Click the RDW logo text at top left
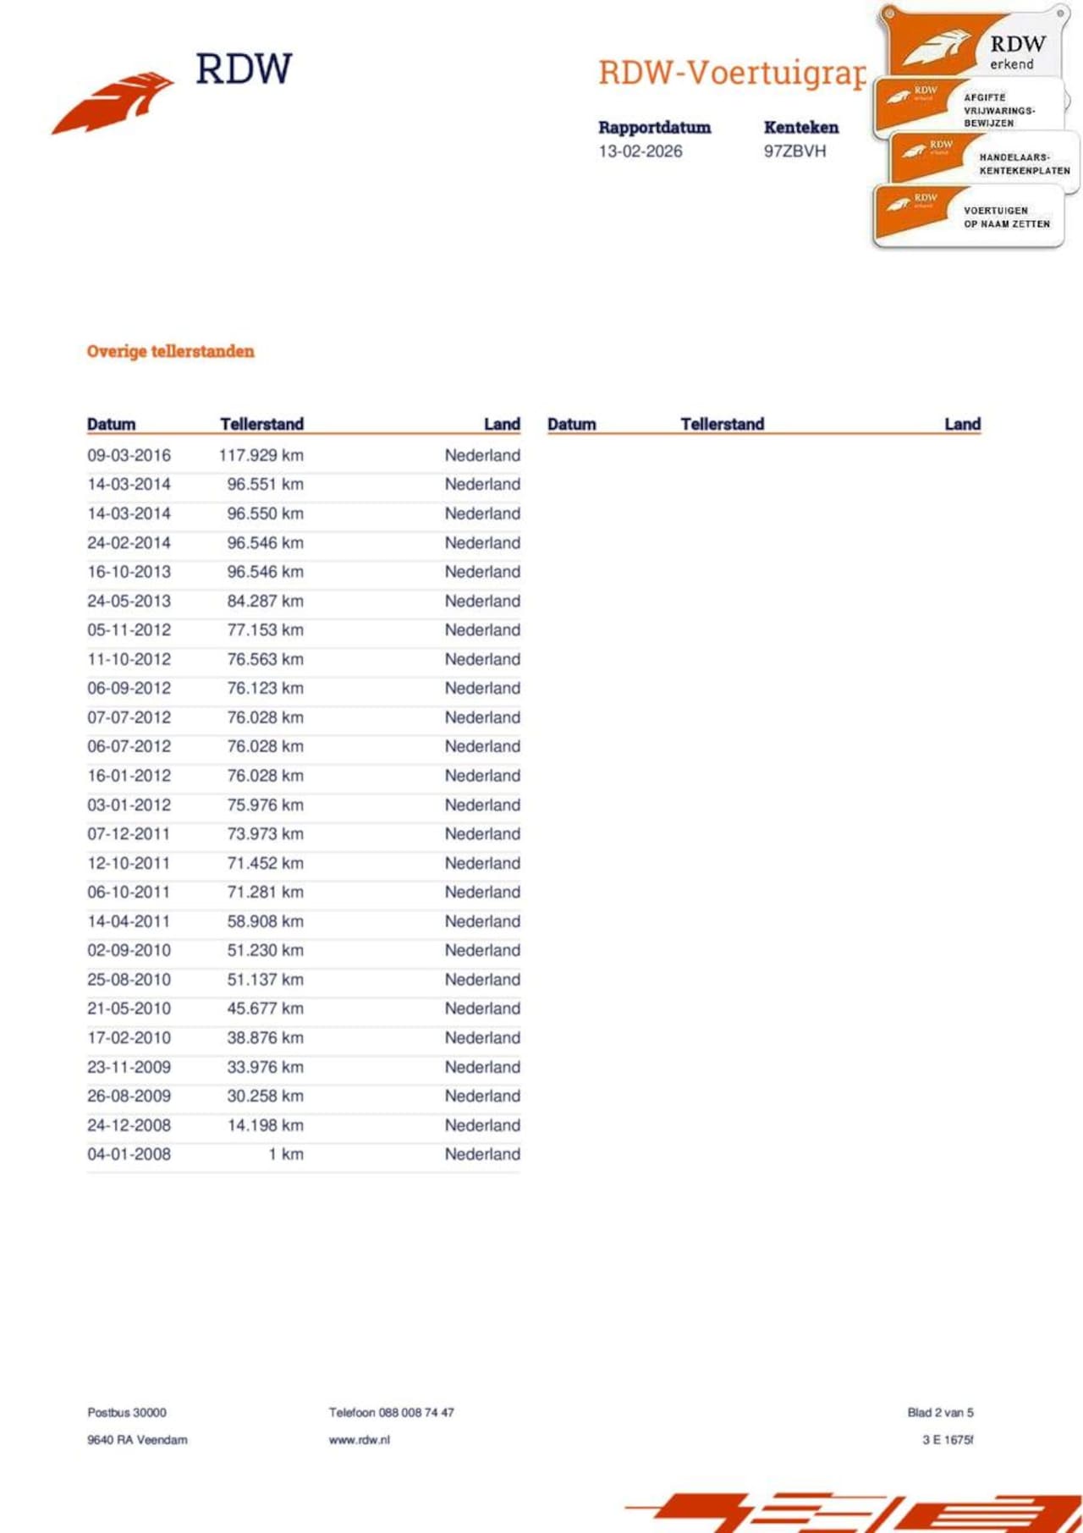(x=244, y=69)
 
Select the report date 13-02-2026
(x=640, y=151)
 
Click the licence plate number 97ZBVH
(x=794, y=151)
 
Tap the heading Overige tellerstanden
(x=170, y=351)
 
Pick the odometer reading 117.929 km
(x=261, y=455)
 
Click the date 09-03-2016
(x=129, y=455)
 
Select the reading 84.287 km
(x=265, y=601)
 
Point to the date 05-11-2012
(x=129, y=630)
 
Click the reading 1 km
(x=286, y=1154)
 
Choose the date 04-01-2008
(x=129, y=1154)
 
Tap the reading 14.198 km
(x=265, y=1125)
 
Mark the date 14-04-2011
(x=129, y=921)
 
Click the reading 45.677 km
(x=265, y=1008)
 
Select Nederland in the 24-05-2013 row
(x=482, y=601)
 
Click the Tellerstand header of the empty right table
(x=722, y=424)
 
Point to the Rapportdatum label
(x=654, y=128)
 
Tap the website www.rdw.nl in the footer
(x=359, y=1439)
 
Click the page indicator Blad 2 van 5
(x=940, y=1412)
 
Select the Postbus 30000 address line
(x=127, y=1412)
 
